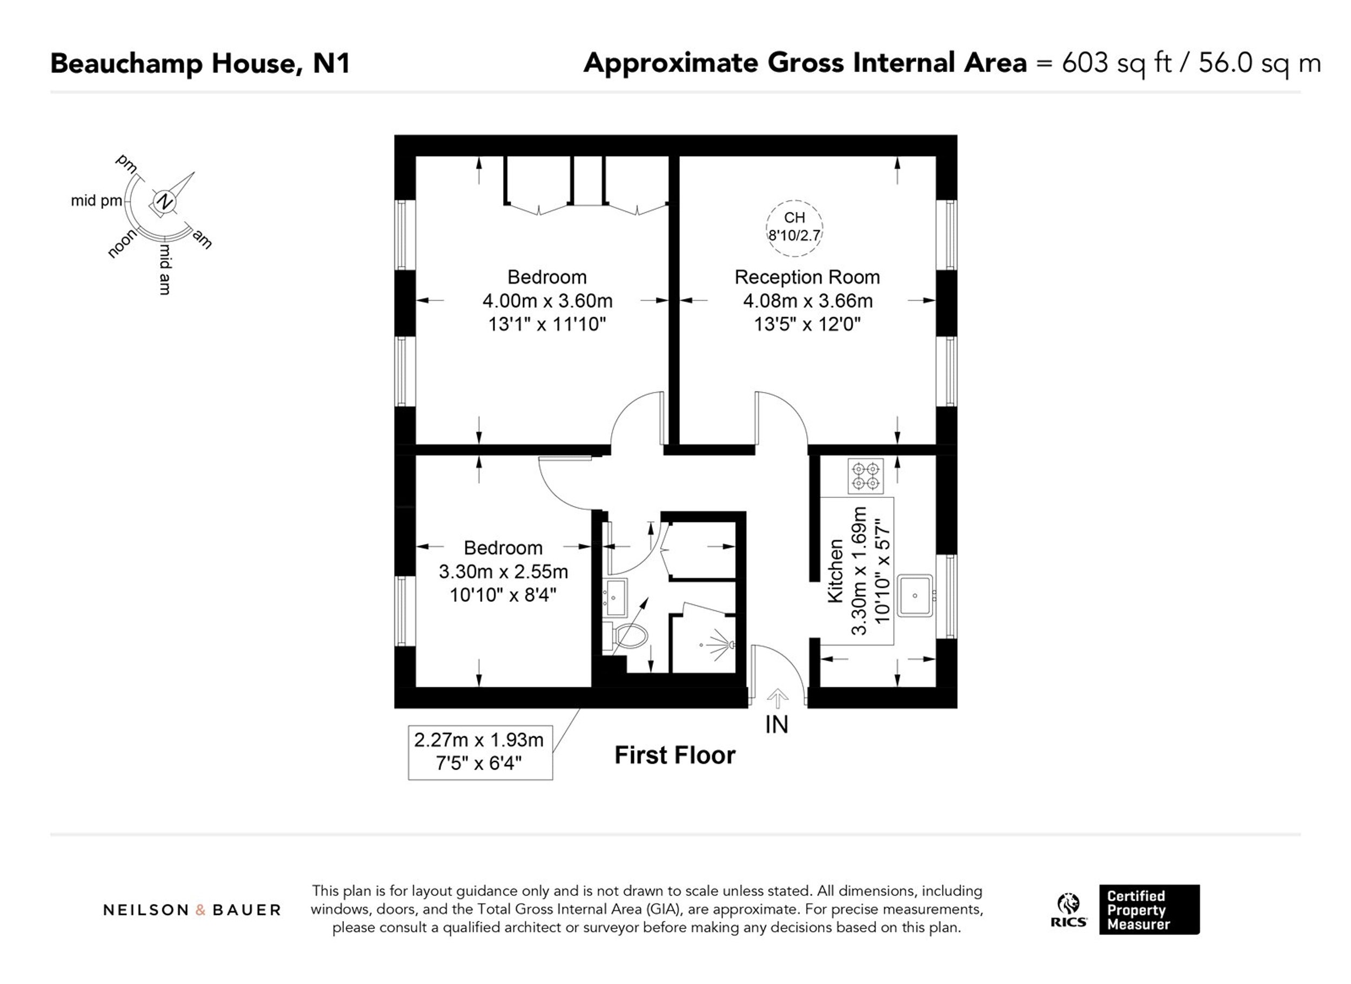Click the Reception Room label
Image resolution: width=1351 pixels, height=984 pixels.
tap(807, 277)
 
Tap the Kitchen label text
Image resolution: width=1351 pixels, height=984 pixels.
tap(836, 570)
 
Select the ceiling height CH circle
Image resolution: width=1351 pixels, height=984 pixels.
tap(794, 228)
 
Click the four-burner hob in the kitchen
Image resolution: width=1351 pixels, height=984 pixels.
tap(866, 476)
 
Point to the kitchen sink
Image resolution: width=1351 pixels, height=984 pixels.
tap(915, 595)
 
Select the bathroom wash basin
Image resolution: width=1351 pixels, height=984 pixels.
tap(616, 596)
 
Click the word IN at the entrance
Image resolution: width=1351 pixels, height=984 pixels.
tap(777, 724)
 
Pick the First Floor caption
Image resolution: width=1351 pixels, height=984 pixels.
tap(675, 755)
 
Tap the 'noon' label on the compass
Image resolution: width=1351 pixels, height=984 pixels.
tap(122, 244)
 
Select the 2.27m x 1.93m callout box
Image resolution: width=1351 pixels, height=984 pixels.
tap(480, 752)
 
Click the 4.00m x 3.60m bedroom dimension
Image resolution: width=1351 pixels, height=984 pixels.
tap(547, 301)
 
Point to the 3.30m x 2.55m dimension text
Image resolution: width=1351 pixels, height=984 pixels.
tap(503, 571)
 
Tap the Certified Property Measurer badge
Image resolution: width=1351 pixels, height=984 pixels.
tap(1149, 909)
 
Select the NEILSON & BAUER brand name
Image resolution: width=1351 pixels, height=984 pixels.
tap(192, 910)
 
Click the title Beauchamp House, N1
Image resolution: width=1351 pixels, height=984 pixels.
tap(200, 63)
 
